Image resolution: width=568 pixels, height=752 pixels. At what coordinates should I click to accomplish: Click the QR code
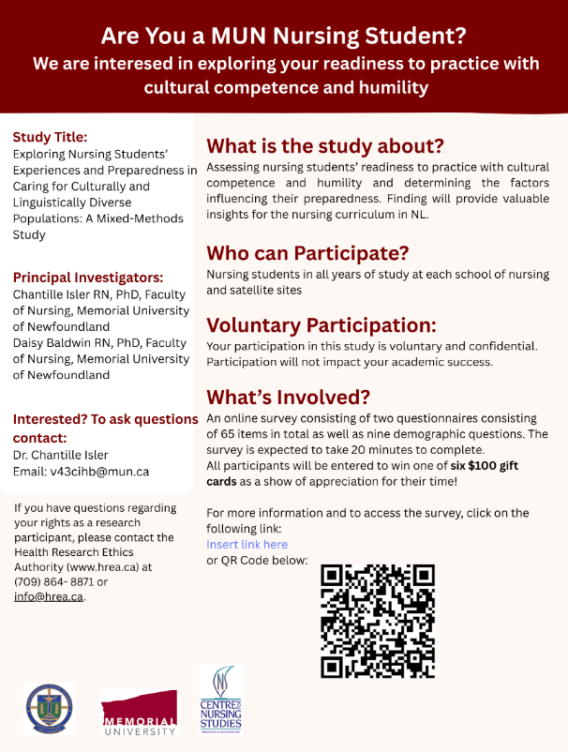pos(378,620)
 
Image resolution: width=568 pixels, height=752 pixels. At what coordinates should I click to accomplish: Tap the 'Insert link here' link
pos(247,544)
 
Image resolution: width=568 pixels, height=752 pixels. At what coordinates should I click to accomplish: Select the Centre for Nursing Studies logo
pos(220,699)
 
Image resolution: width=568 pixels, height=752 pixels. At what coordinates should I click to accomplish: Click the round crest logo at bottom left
pos(49,709)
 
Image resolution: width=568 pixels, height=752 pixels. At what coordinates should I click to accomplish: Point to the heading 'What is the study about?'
pos(324,146)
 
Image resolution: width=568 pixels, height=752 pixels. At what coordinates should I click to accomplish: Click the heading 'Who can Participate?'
pos(307,253)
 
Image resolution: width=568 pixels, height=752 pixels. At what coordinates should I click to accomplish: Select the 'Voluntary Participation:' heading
pos(321,325)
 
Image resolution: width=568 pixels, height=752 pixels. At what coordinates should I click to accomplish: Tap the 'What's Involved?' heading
pos(288,396)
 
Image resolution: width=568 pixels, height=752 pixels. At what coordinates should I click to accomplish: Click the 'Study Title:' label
pos(50,136)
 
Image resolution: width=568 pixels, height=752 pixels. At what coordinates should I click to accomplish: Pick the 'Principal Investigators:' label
pos(88,277)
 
